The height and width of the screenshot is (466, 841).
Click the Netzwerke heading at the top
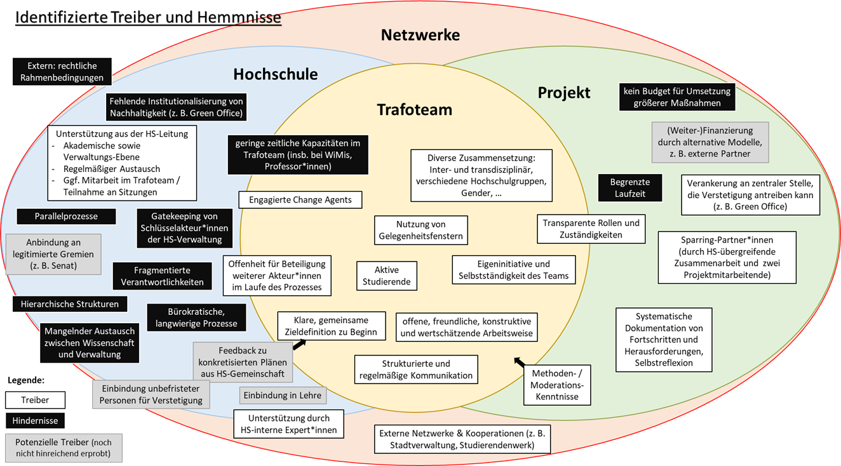click(x=420, y=35)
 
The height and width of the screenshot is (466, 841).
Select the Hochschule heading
click(x=275, y=74)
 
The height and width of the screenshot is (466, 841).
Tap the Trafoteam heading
click(x=414, y=109)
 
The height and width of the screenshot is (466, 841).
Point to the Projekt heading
click(x=564, y=93)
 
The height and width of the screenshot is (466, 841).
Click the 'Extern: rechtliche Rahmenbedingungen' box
click(x=62, y=72)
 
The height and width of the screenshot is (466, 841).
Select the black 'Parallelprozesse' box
click(x=66, y=216)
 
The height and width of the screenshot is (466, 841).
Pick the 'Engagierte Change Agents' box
click(x=300, y=200)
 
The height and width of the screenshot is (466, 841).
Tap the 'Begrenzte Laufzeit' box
click(x=629, y=188)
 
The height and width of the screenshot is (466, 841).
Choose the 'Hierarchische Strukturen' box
click(x=69, y=304)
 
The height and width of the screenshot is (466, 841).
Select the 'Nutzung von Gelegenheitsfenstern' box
click(x=420, y=230)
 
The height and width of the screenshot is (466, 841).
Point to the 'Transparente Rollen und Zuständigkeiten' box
click(x=591, y=229)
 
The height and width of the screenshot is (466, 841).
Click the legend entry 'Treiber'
click(x=35, y=400)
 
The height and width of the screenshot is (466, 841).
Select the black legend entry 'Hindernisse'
click(x=35, y=420)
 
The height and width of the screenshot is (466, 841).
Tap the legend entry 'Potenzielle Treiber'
click(x=63, y=448)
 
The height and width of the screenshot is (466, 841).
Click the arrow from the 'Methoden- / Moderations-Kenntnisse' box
click(x=520, y=363)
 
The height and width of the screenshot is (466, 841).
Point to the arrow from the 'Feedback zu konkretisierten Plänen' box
click(x=298, y=344)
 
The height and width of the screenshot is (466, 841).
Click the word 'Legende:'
click(x=27, y=380)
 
